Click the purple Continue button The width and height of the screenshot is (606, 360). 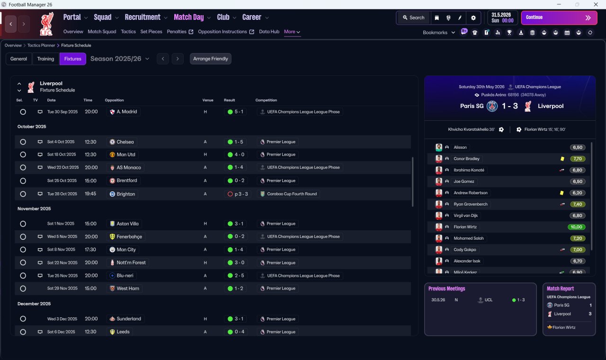point(559,18)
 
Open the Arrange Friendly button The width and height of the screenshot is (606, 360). point(211,59)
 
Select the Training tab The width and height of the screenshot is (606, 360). point(45,59)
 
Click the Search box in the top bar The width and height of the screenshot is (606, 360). point(413,18)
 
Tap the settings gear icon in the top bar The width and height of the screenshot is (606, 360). point(473,18)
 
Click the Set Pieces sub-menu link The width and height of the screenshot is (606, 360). point(151,32)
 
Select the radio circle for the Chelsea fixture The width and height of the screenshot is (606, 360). point(23,142)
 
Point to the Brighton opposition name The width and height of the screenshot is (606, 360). point(125,194)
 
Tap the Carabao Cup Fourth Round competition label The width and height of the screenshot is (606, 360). point(292,194)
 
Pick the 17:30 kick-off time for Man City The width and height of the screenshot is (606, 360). point(90,250)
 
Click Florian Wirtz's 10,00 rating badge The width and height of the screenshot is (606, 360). point(576,227)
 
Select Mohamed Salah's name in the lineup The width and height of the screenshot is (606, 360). point(468,238)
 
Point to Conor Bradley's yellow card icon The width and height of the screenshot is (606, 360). point(562,159)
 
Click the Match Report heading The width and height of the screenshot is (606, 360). point(560,288)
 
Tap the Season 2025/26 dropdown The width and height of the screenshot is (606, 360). point(120,59)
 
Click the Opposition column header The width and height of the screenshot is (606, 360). point(114,100)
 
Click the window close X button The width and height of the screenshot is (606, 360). point(596,4)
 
